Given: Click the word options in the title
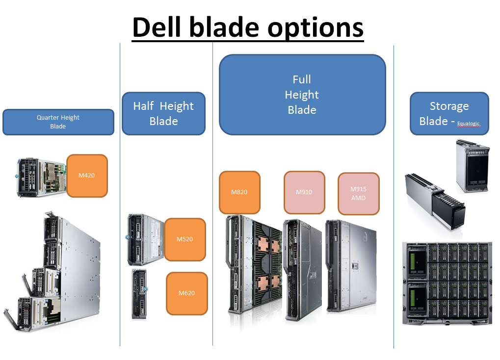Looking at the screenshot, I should point(316,28).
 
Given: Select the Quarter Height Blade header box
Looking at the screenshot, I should point(58,122).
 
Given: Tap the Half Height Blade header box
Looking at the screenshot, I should point(163,113).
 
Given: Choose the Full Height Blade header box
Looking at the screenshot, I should point(302,95).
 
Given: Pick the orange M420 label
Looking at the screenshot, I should point(87,176).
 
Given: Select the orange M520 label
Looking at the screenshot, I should point(184,239).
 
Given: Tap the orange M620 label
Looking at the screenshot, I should point(186,293).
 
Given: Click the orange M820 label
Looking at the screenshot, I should point(239,192).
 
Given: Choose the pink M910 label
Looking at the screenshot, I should point(304,192).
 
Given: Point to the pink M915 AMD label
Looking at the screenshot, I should point(358,193).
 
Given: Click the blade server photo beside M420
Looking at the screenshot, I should point(42,177).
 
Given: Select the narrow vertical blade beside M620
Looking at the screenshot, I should point(139,294).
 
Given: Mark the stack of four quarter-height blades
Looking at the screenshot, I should point(52,272).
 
